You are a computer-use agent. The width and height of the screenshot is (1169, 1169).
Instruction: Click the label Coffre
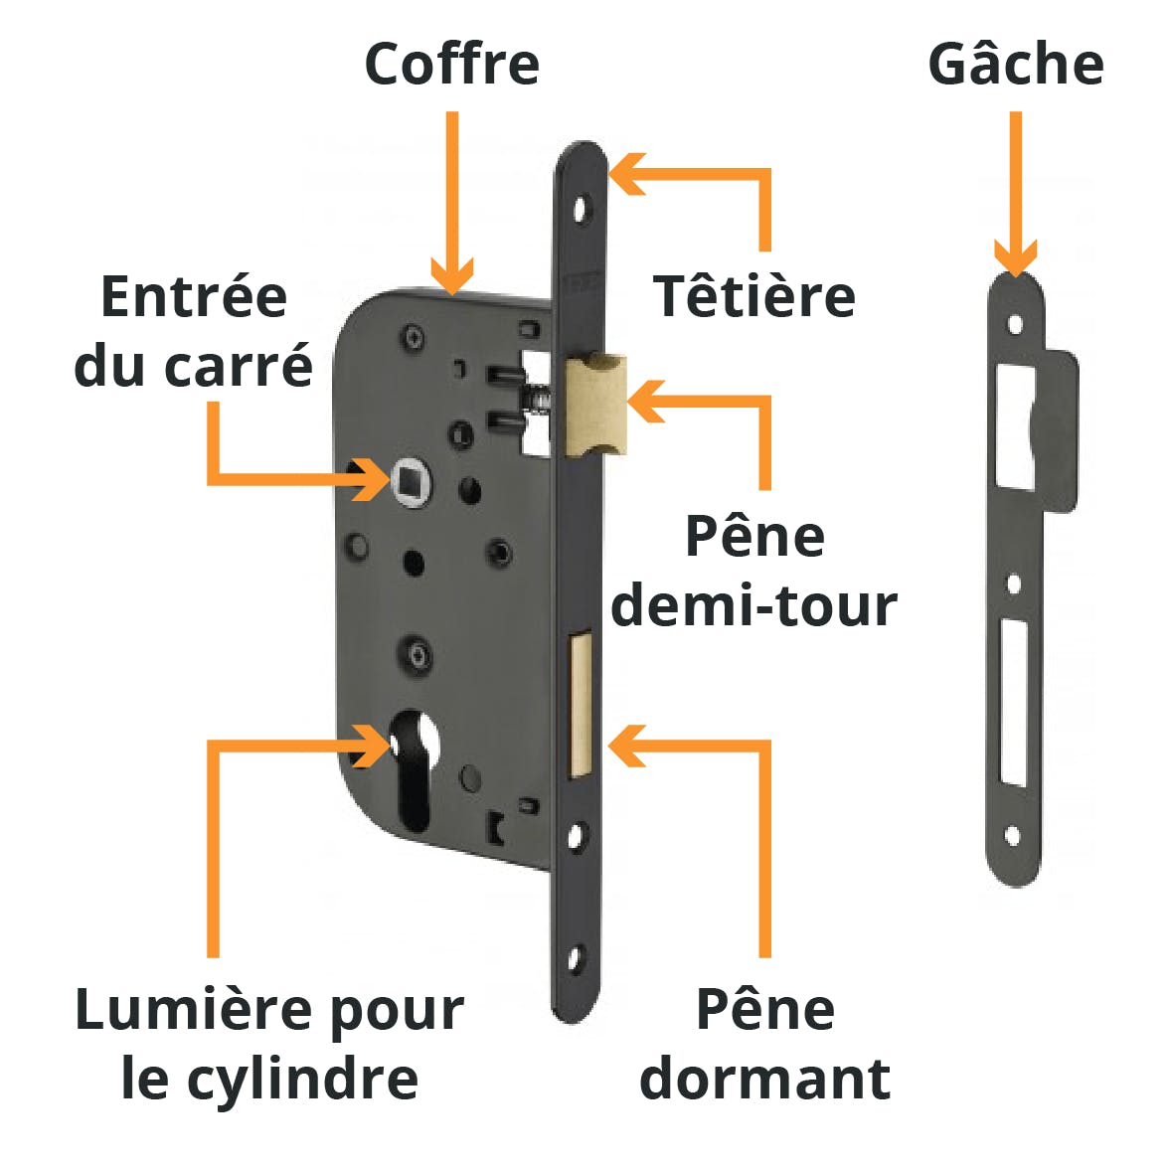point(451,64)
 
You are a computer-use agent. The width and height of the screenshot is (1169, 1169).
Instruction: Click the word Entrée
point(194,295)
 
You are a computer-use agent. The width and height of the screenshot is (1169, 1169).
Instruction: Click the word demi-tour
point(753,605)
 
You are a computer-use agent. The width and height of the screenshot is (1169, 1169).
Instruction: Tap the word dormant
point(765,1078)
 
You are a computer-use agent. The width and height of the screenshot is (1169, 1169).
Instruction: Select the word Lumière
point(196,1010)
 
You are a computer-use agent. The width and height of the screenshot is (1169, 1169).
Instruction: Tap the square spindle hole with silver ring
point(411,481)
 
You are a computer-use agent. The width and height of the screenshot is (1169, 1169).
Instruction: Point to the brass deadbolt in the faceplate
point(581,702)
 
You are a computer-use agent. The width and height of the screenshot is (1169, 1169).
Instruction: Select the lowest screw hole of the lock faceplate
point(576,958)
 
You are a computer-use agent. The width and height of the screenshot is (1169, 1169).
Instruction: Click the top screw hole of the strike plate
point(1016,324)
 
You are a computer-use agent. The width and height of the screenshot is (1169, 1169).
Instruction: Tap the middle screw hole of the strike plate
point(1014,583)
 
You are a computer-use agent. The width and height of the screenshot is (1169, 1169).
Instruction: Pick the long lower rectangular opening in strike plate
point(1014,702)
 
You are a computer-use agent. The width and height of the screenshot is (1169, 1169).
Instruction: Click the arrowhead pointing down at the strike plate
point(1016,258)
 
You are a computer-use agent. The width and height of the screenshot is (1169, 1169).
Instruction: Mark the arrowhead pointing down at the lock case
point(451,276)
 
